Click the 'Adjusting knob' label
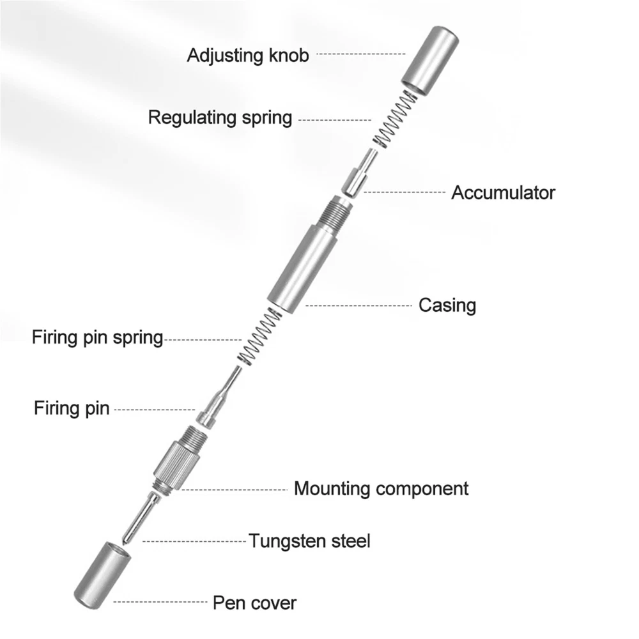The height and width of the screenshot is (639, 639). pyautogui.click(x=247, y=55)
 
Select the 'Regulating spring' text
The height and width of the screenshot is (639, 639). pyautogui.click(x=220, y=118)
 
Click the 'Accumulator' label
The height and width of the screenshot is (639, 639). pyautogui.click(x=503, y=192)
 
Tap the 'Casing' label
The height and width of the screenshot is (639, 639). pyautogui.click(x=447, y=305)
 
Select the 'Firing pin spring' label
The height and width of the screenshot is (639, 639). pyautogui.click(x=98, y=337)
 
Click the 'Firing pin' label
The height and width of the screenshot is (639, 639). pyautogui.click(x=72, y=408)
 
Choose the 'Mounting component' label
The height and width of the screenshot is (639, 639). pyautogui.click(x=381, y=489)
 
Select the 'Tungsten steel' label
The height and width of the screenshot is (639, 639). pyautogui.click(x=309, y=541)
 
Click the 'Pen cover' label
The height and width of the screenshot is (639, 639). pyautogui.click(x=254, y=601)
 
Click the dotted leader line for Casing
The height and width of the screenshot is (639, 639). pyautogui.click(x=358, y=305)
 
